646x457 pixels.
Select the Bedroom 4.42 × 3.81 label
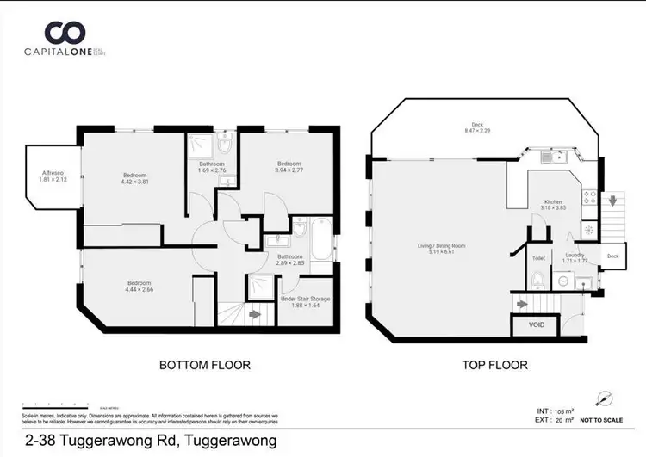(135, 177)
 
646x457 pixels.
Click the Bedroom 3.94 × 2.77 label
(288, 167)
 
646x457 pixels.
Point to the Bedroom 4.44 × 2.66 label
(140, 287)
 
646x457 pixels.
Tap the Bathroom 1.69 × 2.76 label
(212, 167)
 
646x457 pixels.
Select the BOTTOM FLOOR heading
(205, 365)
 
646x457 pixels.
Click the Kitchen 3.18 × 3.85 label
(553, 205)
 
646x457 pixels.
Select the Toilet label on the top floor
(538, 257)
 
